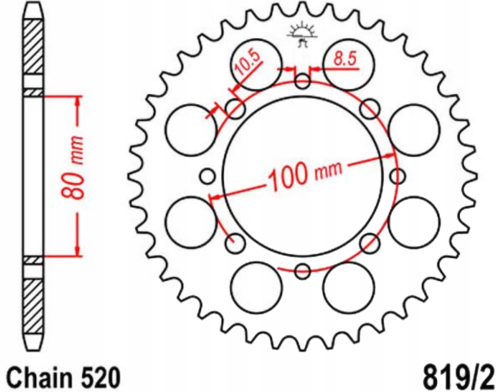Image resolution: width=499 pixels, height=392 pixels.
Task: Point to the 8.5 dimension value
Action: pyautogui.click(x=345, y=59)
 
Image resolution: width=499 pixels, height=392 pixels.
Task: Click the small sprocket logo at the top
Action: pyautogui.click(x=302, y=34)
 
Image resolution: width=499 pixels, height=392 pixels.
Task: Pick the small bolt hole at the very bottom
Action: pyautogui.click(x=303, y=271)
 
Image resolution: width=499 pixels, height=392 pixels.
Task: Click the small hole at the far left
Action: pyautogui.click(x=207, y=176)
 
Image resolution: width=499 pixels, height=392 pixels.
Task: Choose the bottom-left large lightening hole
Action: pyautogui.click(x=256, y=287)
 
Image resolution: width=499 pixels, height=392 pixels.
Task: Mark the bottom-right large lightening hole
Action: pyautogui.click(x=349, y=287)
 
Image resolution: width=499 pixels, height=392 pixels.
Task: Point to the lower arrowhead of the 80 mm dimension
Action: pyautogui.click(x=77, y=251)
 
